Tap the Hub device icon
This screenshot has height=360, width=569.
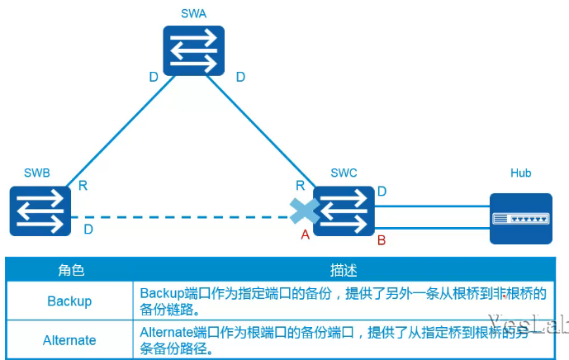pos(520,219)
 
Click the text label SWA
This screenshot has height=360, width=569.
pos(194,14)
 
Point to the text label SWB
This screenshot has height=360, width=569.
pos(37,173)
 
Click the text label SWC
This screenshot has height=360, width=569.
pos(344,173)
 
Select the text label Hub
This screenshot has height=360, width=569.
pos(520,173)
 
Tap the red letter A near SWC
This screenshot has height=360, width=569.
pos(305,235)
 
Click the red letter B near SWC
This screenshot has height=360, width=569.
pos(382,240)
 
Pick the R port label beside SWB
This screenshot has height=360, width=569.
pos(83,186)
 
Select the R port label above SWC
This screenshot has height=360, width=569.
pos(301,187)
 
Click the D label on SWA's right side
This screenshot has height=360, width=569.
pos(240,77)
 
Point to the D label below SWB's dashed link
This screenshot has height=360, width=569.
pos(88,228)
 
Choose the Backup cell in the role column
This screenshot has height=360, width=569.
pos(69,301)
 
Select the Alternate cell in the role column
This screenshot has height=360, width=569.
pos(69,340)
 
